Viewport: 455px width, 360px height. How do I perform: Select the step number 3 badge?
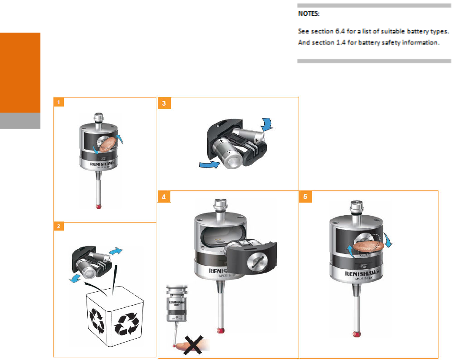coord(163,103)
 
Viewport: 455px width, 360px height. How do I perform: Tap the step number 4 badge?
coord(163,197)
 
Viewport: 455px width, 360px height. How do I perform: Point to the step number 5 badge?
coord(305,197)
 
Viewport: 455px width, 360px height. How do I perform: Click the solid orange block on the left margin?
coord(20,72)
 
